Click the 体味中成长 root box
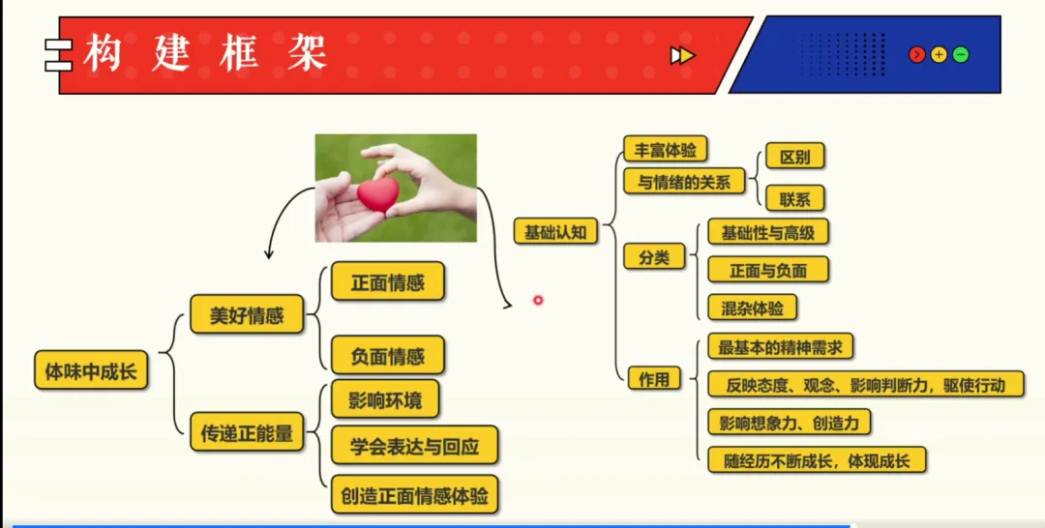[91, 370]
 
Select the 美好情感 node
[246, 315]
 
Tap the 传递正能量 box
[247, 432]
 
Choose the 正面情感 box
[387, 282]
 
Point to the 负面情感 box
[387, 356]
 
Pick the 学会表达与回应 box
[414, 446]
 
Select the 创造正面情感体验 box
[414, 497]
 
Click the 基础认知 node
[554, 232]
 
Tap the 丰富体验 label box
[665, 151]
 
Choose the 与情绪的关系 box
[684, 181]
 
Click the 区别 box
[794, 157]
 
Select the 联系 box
[794, 199]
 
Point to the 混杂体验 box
[752, 308]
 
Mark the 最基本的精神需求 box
[779, 346]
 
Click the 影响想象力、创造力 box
[789, 423]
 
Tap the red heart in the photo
[377, 193]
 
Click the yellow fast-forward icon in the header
[682, 55]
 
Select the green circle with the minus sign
[960, 55]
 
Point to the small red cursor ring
[538, 300]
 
